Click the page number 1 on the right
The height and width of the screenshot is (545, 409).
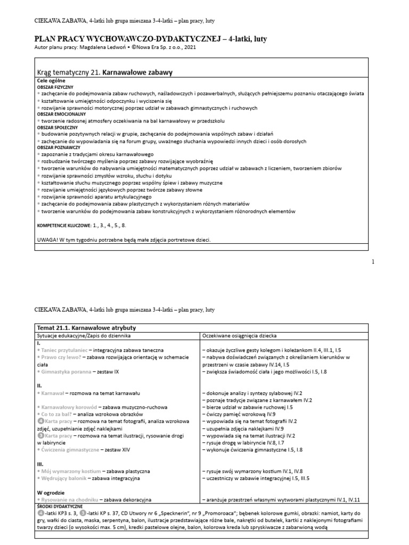pos(373,261)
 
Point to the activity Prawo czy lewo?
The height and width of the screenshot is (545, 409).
pos(61,358)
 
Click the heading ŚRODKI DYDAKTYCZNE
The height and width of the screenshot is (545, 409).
pos(59,507)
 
